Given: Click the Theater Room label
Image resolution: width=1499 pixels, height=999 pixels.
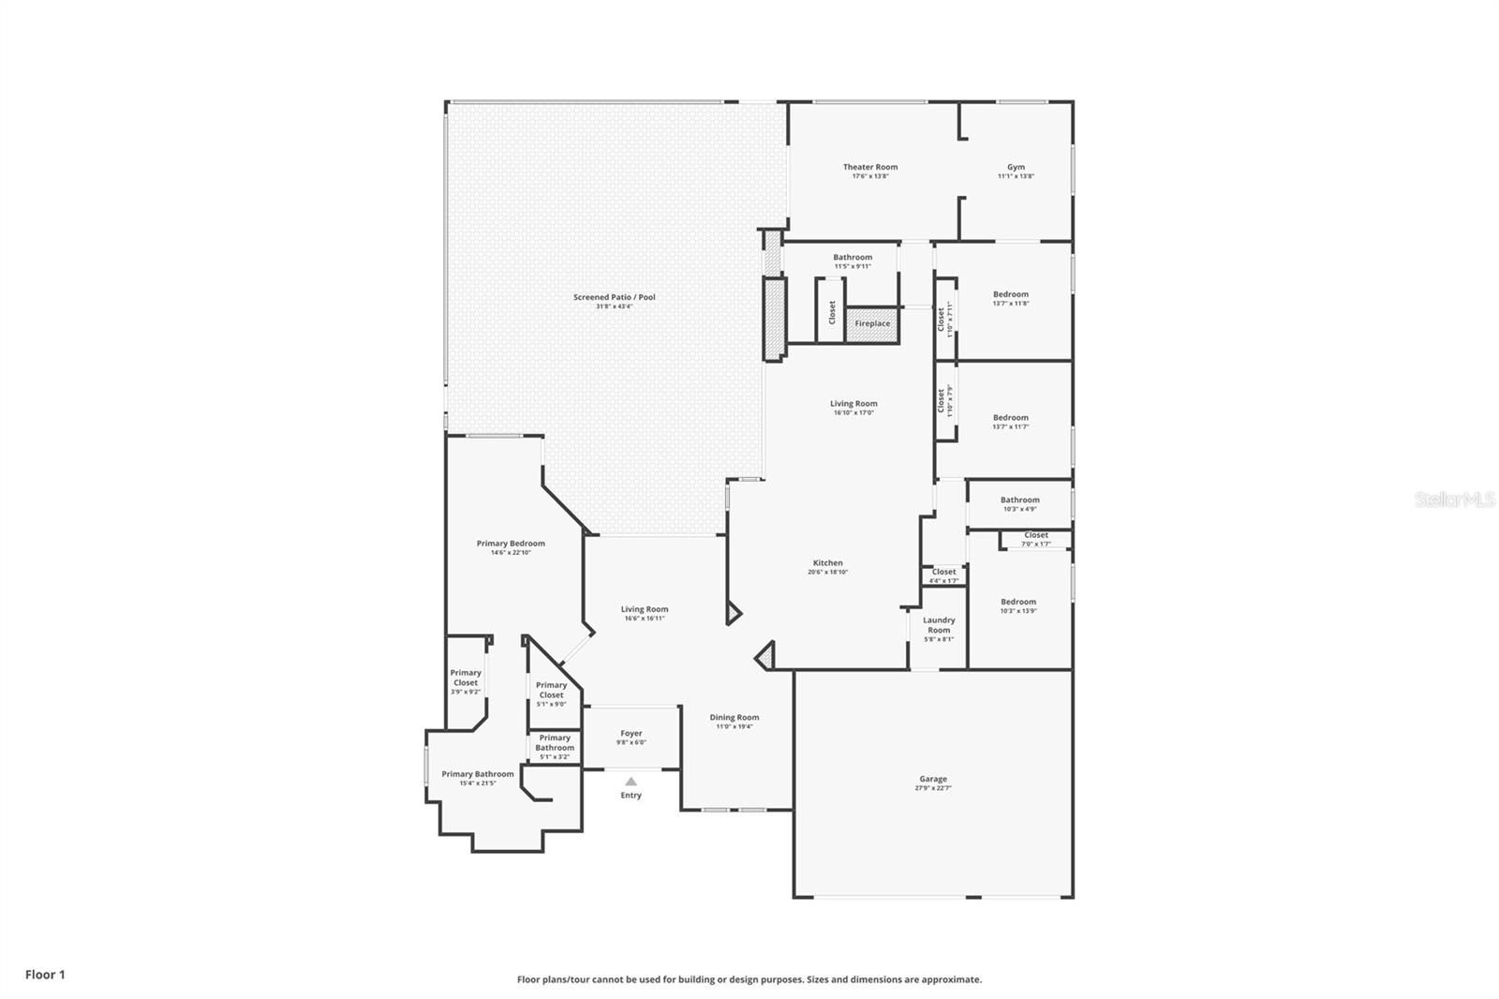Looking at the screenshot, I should coord(869,171).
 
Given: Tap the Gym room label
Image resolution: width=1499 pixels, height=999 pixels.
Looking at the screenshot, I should coord(1016,171).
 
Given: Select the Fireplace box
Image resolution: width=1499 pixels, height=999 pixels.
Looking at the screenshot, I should coord(872,324).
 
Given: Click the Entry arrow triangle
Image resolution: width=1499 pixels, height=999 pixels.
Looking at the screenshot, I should coord(631,781).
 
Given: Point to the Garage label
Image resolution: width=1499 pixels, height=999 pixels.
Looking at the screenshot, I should coord(932,783).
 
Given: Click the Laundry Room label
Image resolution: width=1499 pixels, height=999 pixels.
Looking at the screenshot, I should coord(939,628).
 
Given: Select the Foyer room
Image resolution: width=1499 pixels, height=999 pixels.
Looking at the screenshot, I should coord(631,737).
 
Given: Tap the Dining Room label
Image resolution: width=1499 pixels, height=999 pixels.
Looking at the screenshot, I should coord(734,721).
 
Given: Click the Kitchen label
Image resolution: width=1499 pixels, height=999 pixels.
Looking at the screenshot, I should coord(827,567).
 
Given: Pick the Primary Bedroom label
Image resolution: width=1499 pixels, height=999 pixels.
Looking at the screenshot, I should coord(511,547).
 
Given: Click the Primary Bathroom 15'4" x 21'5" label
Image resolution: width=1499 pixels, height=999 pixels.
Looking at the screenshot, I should coord(478,778).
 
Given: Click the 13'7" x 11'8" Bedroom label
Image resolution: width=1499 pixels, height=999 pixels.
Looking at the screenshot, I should coord(1010,298).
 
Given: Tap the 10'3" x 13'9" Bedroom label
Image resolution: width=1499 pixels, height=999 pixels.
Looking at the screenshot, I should coord(1017,605).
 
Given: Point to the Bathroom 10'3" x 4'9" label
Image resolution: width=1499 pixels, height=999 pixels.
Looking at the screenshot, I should coord(1019,503).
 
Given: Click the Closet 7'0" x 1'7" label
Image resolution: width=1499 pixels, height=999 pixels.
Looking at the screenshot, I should coord(1035,538).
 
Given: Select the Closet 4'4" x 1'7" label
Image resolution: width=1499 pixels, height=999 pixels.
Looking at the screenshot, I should coord(943,574).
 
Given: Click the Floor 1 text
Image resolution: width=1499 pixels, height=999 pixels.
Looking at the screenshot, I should coord(45,975).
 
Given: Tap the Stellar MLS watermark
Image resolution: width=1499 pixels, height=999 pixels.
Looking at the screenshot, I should coord(1454,499).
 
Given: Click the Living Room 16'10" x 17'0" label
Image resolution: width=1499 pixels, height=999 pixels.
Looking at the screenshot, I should coord(853,408).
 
